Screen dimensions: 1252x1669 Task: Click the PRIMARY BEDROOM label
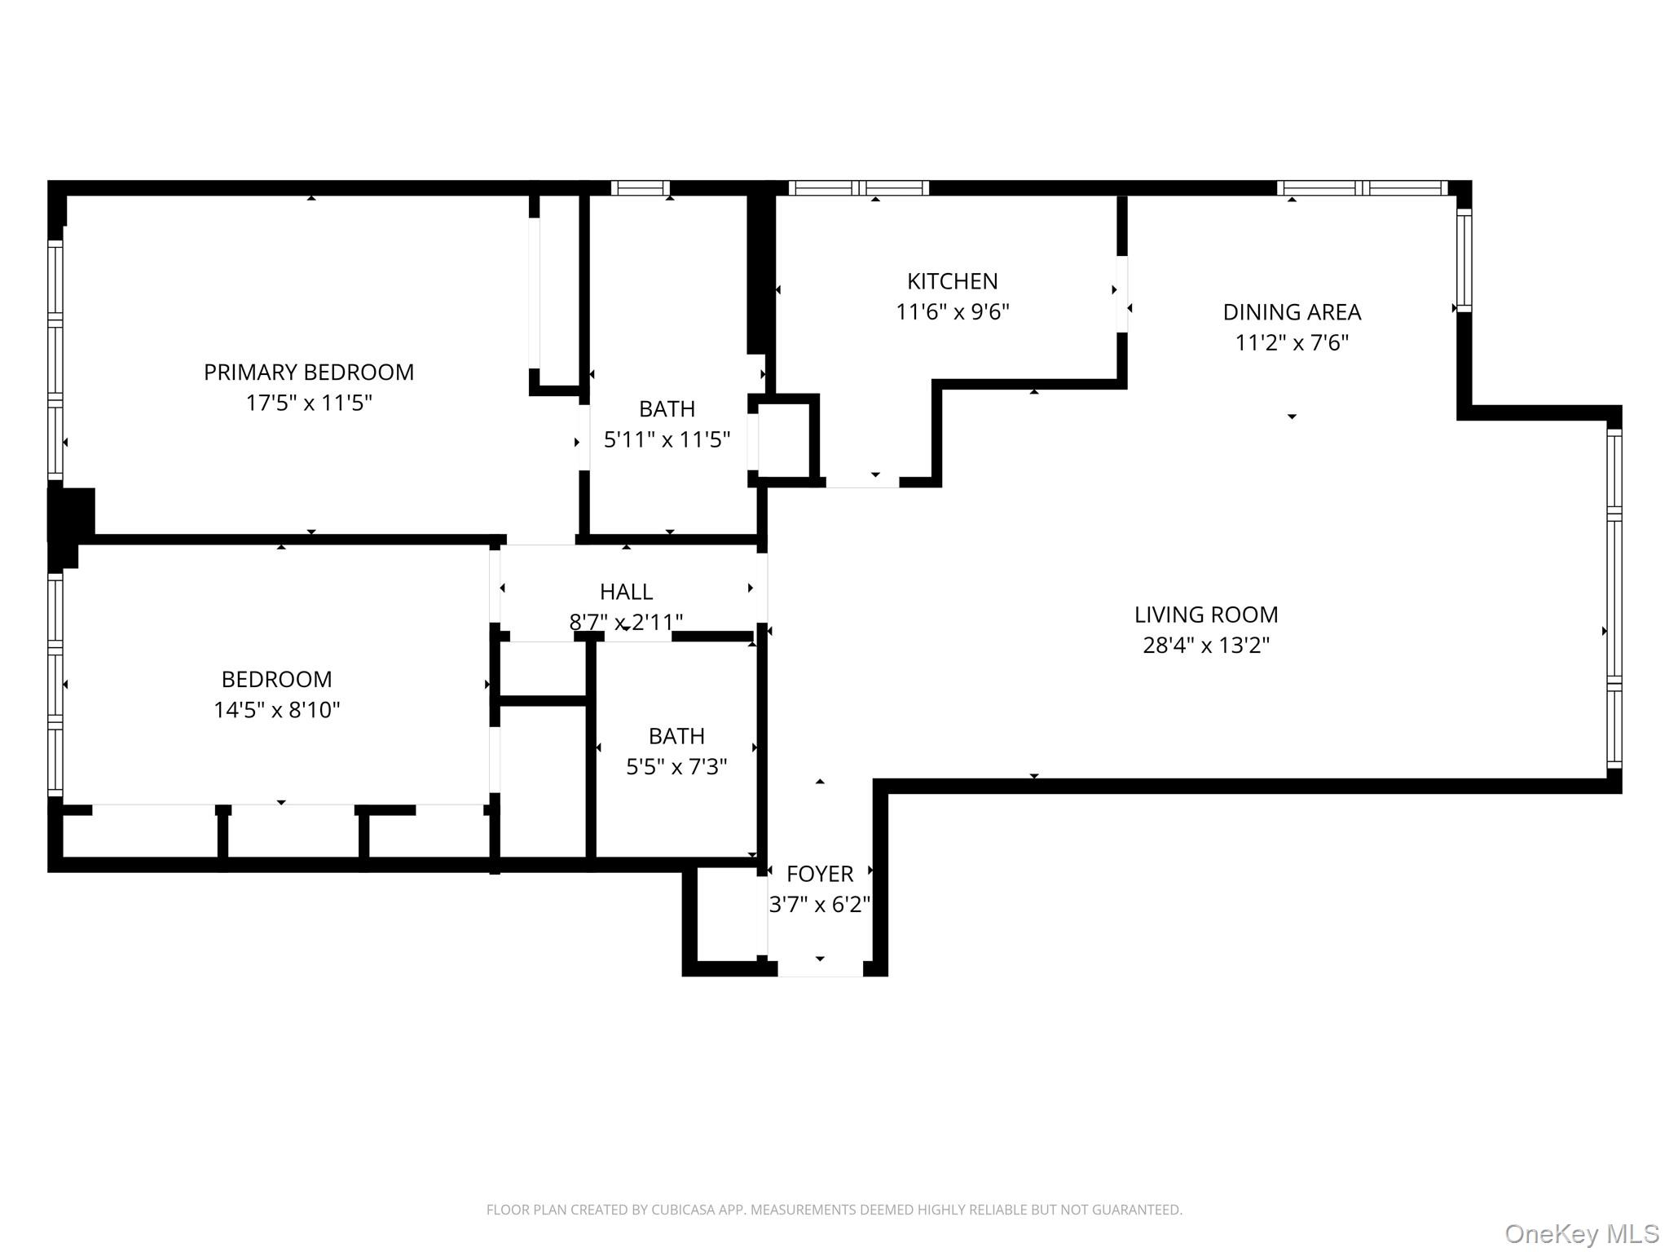point(308,373)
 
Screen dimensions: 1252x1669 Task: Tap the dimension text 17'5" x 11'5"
point(308,403)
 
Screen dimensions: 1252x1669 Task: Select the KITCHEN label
point(952,281)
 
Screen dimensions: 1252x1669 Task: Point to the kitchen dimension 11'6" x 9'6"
point(952,312)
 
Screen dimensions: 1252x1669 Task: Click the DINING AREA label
point(1291,312)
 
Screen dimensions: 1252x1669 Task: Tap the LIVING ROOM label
point(1205,615)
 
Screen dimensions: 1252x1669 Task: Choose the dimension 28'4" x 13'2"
point(1205,646)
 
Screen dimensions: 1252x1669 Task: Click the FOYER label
point(819,874)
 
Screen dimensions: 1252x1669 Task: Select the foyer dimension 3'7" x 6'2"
point(819,905)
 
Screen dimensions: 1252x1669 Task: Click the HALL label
point(626,592)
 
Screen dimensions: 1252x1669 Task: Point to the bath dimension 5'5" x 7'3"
point(676,767)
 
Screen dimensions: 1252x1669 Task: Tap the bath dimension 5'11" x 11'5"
point(666,440)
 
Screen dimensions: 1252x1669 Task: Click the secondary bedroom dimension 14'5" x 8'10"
point(276,710)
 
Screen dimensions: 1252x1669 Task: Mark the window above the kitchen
point(858,188)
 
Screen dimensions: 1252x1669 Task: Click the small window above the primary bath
point(640,188)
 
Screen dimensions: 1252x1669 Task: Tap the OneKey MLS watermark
point(1581,1233)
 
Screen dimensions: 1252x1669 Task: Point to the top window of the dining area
point(1361,188)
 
